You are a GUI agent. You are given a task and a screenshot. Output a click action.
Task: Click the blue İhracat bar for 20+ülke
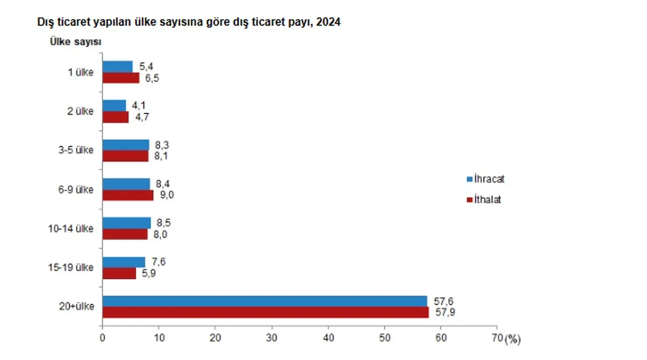tap(265, 301)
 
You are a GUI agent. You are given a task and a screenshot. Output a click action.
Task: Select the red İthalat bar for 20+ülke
tap(265, 312)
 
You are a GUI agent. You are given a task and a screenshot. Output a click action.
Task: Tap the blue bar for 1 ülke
tap(117, 66)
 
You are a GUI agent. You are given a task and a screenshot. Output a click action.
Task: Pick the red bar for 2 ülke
tap(115, 117)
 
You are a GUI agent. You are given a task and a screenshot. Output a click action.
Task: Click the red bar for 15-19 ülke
tap(119, 273)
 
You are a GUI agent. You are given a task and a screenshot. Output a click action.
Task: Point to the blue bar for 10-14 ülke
tap(126, 223)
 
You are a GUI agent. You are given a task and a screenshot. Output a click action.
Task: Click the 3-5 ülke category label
tap(76, 151)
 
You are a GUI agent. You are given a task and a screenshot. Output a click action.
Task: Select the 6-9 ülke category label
tap(76, 190)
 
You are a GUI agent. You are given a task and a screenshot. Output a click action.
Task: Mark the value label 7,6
tap(158, 262)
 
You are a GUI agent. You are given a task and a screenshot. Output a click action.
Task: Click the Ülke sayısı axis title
tap(75, 42)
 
